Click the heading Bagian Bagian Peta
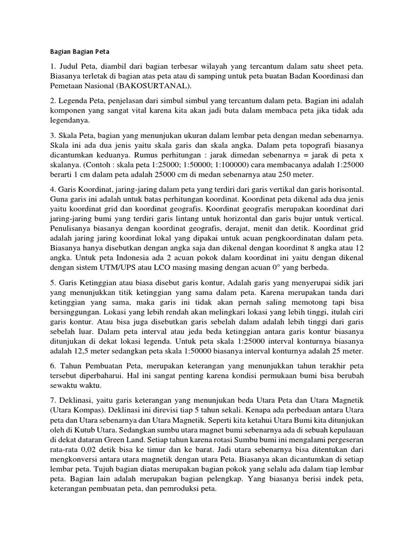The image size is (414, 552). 75,52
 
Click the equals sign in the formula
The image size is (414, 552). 306,155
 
